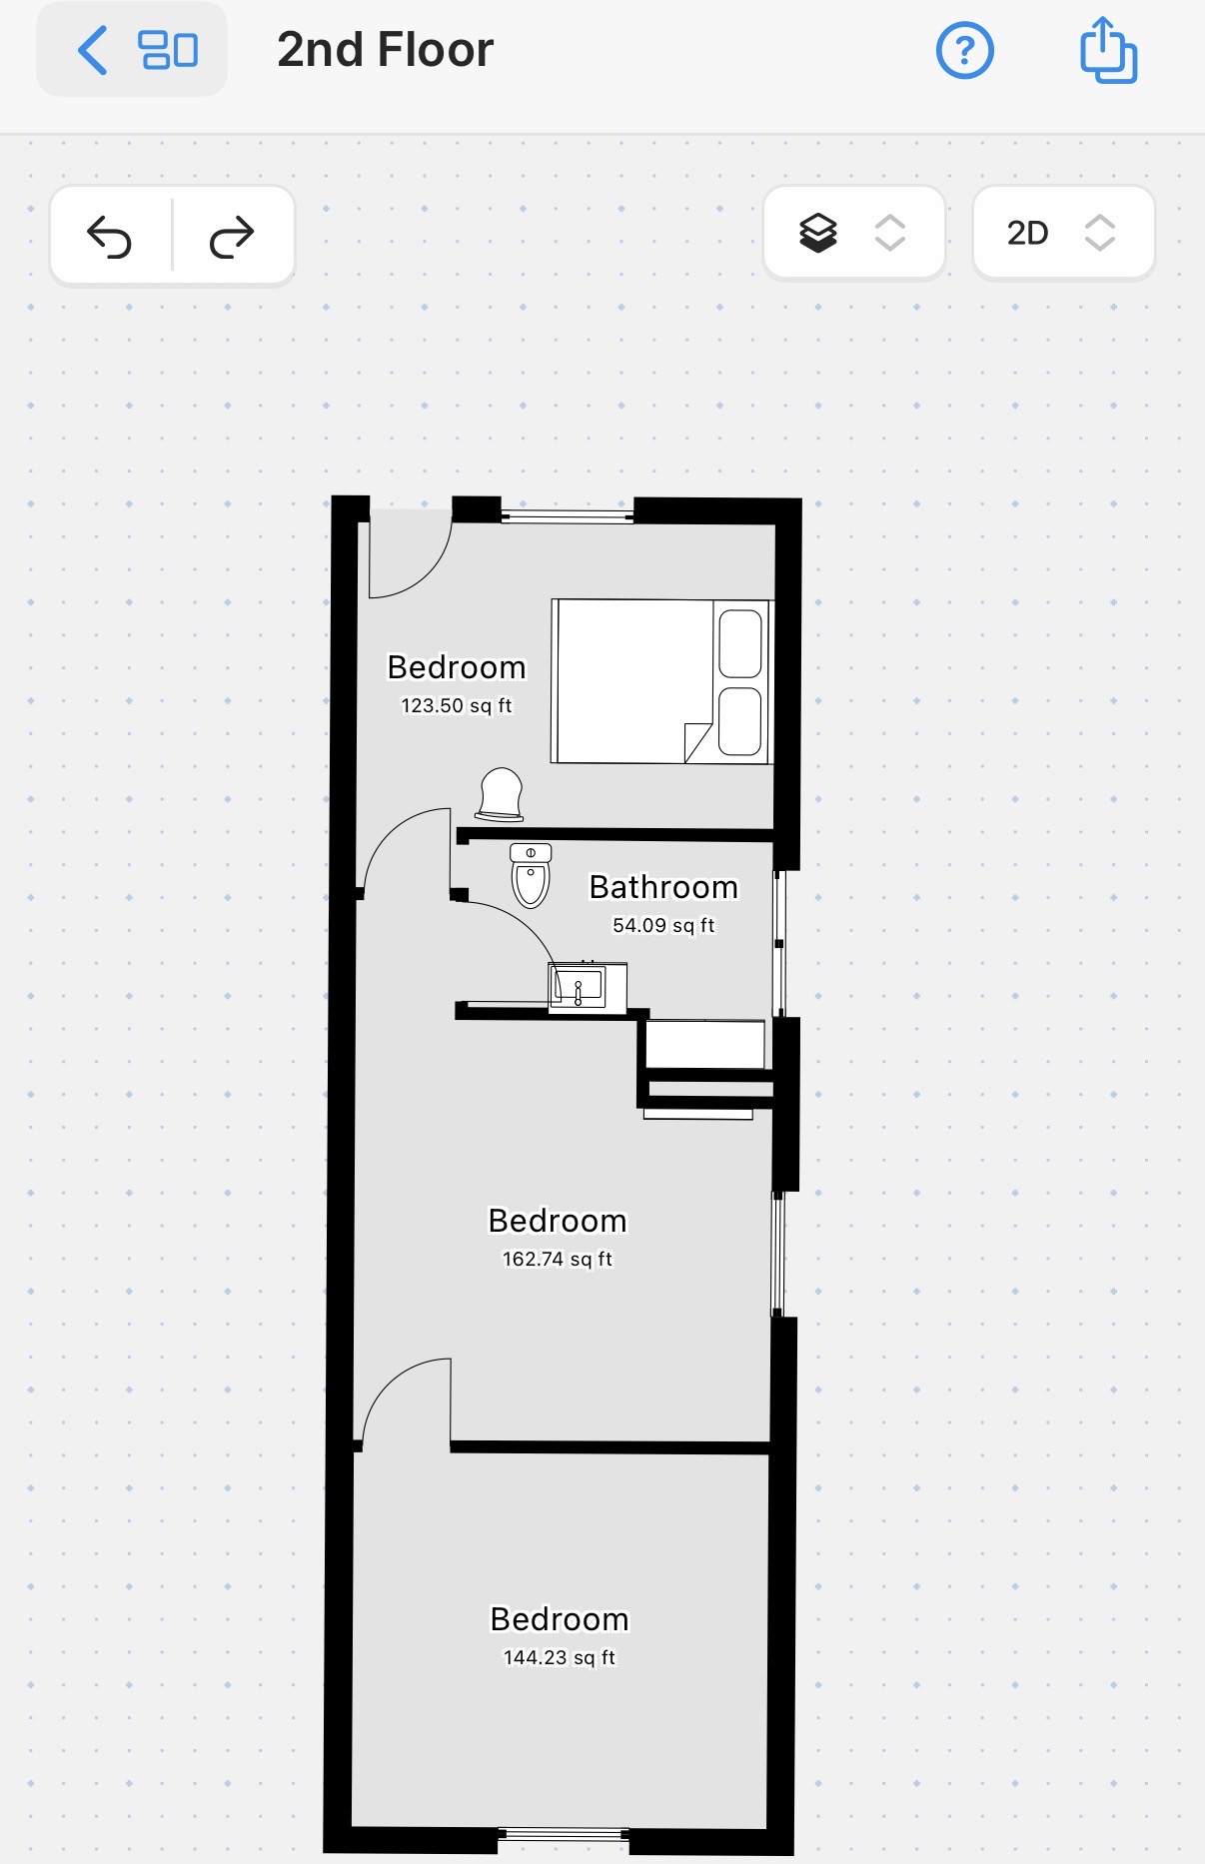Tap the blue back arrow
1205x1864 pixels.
click(92, 51)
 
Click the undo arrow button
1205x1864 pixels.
click(110, 237)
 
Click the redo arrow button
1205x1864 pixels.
click(232, 237)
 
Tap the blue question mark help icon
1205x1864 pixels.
click(964, 50)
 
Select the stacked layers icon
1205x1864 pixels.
click(818, 234)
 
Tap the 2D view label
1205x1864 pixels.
click(1027, 234)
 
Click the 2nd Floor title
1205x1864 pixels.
click(385, 50)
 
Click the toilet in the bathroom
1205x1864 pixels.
click(531, 875)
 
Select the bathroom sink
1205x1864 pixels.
click(588, 987)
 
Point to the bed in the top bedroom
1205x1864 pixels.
click(661, 681)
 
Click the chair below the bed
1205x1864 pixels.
click(501, 794)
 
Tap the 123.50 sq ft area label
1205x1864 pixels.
click(457, 705)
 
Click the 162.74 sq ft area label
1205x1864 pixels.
click(558, 1259)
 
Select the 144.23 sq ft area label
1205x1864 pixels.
click(560, 1657)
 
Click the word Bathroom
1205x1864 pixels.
click(663, 887)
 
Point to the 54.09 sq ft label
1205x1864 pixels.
click(663, 925)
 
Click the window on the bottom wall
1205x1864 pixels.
click(564, 1834)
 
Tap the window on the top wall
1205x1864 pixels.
click(568, 516)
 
